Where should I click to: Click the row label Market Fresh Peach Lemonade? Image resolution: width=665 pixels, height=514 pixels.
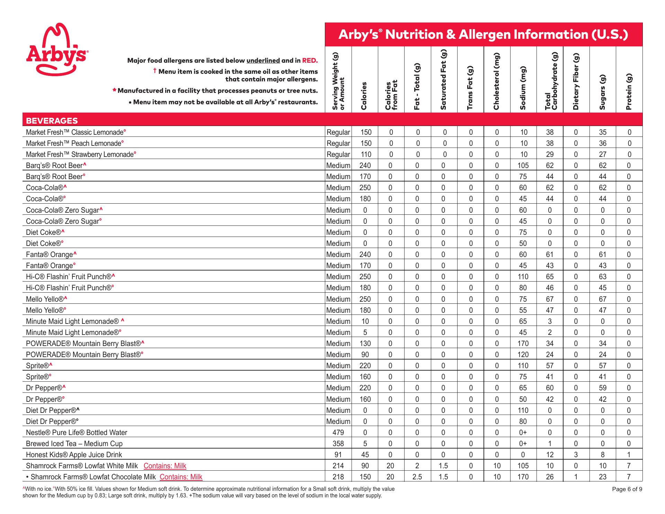[x=74, y=143]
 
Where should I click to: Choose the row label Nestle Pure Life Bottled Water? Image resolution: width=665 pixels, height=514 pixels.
[x=77, y=433]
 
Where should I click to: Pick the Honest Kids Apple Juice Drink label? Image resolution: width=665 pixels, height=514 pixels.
[x=74, y=455]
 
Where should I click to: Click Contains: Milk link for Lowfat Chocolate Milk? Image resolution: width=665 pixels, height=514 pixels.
[x=181, y=477]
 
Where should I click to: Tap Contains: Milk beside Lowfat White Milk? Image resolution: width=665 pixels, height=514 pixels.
[x=165, y=466]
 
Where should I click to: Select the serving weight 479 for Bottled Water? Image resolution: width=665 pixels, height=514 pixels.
[x=338, y=433]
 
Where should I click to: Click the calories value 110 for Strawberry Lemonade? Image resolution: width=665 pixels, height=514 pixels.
[x=365, y=154]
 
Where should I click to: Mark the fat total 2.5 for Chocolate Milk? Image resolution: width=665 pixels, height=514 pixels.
[x=417, y=477]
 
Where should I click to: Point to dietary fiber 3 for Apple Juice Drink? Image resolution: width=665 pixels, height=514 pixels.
[x=576, y=455]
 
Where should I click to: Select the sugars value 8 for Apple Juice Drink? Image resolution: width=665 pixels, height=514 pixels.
[x=603, y=455]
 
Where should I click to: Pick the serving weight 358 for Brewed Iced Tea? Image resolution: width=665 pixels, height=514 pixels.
[x=338, y=444]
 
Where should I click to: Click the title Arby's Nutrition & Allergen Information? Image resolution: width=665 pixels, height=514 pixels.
[x=483, y=35]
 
